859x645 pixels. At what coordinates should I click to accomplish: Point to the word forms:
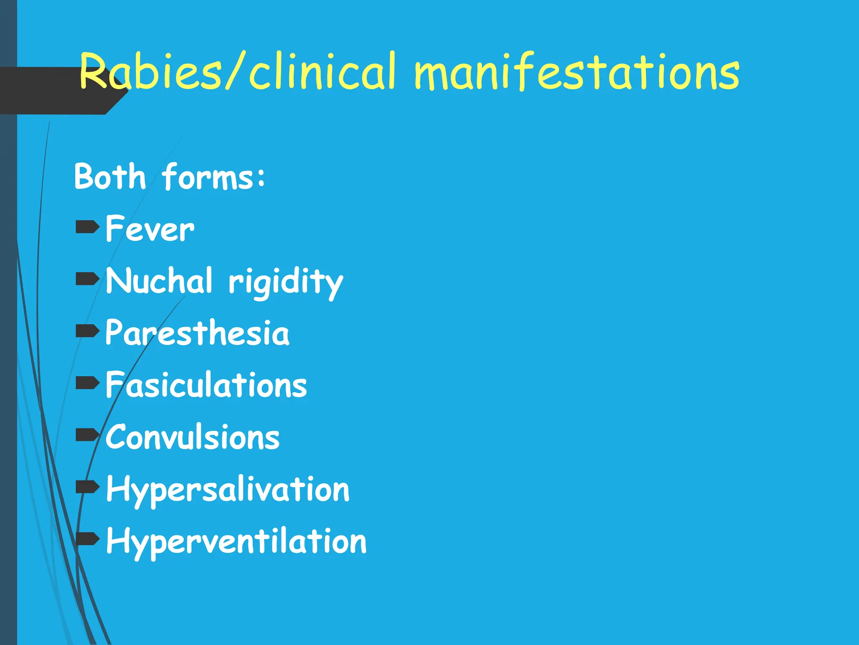(x=213, y=177)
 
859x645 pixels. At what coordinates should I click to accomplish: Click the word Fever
(x=150, y=229)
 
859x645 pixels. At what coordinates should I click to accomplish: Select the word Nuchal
(x=159, y=281)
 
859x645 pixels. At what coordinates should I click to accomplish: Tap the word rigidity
(x=286, y=282)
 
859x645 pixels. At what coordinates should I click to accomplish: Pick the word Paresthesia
(x=197, y=333)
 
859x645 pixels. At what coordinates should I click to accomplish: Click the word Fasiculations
(x=206, y=385)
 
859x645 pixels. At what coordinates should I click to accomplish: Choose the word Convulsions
(x=193, y=437)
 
